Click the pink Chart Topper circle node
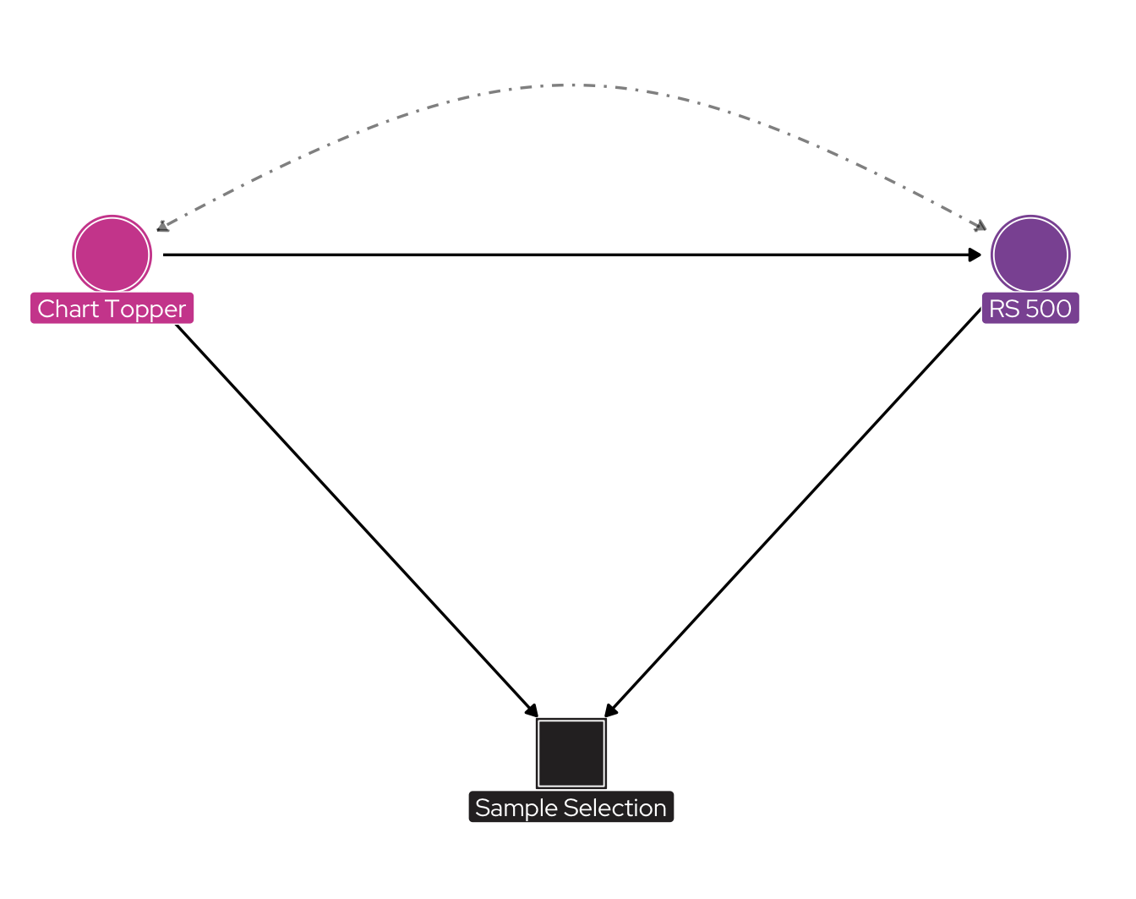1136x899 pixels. coord(112,255)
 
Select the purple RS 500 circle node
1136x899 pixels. coord(1029,255)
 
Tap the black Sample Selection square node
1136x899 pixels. coord(571,753)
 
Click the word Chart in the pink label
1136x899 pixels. coord(68,309)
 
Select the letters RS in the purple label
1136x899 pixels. coord(1004,309)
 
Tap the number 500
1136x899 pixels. coord(1049,309)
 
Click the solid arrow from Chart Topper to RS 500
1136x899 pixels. coord(571,255)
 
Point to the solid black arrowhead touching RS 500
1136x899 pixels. coord(975,255)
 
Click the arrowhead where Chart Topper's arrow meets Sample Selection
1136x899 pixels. coord(532,710)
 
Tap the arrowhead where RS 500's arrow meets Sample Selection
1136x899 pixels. coord(610,710)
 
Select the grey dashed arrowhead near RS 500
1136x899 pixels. coord(980,227)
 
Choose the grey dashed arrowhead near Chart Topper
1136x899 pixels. coord(162,227)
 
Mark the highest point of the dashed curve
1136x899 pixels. coord(571,85)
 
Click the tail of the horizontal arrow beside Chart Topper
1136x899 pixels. coord(166,255)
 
